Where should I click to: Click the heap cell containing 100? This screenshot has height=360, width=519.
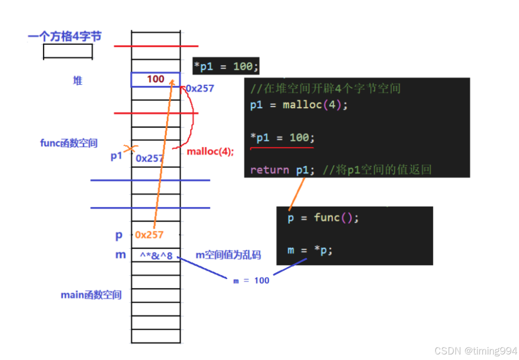[x=156, y=79]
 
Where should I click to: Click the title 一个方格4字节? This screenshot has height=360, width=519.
[x=64, y=37]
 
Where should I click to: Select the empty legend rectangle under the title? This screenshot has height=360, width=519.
[x=68, y=51]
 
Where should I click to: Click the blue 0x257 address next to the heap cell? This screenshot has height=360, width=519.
[x=200, y=88]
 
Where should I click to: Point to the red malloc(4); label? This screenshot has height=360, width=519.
[x=210, y=152]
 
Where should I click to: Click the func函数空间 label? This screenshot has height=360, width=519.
[x=69, y=143]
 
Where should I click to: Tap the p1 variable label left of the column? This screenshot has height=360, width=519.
[x=116, y=156]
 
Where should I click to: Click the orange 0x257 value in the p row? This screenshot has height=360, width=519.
[x=149, y=235]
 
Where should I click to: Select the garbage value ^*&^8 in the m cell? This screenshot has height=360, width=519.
[x=156, y=255]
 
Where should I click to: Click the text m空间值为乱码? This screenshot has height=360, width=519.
[x=228, y=255]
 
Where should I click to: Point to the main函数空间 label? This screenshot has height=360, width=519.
[x=91, y=295]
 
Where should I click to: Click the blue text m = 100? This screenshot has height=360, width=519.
[x=251, y=281]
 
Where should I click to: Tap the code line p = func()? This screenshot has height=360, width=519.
[x=323, y=218]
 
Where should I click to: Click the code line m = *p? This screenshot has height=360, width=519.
[x=310, y=250]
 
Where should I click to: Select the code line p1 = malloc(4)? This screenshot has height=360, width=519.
[x=299, y=105]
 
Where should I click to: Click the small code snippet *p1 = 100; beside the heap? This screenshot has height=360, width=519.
[x=226, y=67]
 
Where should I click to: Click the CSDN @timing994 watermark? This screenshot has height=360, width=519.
[x=476, y=351]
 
